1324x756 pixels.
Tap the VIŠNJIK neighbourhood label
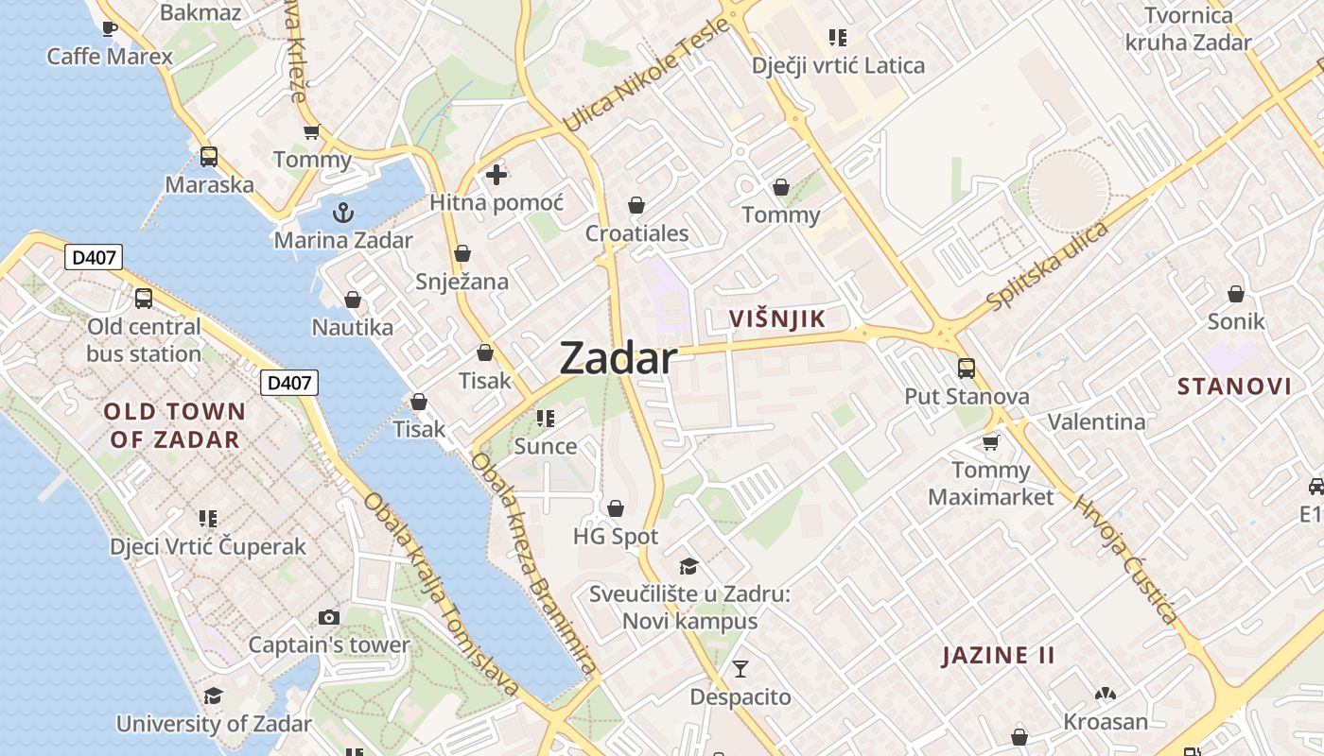coord(777,318)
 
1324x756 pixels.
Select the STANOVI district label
coord(1234,386)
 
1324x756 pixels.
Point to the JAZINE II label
coord(998,656)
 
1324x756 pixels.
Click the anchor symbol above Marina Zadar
coord(343,212)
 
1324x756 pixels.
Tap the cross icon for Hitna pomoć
coord(496,175)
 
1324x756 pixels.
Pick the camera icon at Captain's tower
coord(329,617)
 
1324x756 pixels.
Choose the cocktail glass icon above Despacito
coord(740,669)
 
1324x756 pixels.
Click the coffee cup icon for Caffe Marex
coord(110,28)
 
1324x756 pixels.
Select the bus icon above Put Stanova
coord(966,368)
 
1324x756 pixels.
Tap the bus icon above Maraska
coord(209,157)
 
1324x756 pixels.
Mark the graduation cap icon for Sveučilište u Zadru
coord(688,566)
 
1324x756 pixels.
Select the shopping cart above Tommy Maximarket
coord(990,441)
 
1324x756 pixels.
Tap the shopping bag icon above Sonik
coord(1235,294)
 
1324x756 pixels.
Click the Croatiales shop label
coord(636,233)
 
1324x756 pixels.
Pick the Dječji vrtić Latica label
coord(838,65)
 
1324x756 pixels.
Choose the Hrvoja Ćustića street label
coord(1125,558)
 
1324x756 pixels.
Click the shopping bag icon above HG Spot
coord(616,509)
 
